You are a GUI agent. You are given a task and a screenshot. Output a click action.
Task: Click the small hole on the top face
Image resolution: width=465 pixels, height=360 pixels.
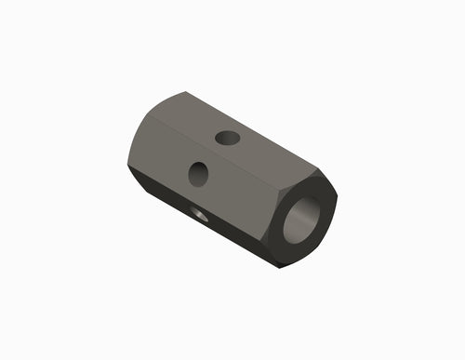tap(227, 139)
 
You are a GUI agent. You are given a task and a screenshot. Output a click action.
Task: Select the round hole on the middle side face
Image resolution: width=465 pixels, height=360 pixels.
tap(198, 173)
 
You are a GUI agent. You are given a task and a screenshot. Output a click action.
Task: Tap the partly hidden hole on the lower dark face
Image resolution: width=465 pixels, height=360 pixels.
tap(198, 214)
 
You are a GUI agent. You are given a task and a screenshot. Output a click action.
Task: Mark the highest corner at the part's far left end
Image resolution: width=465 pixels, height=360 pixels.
tap(185, 92)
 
